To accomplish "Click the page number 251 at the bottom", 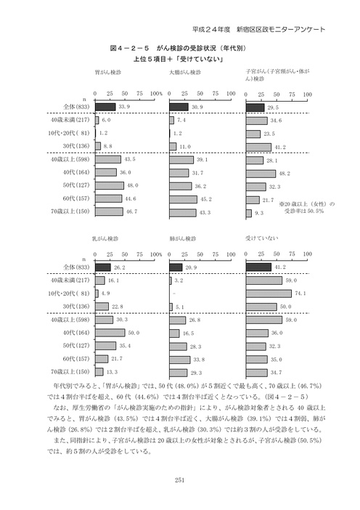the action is point(181,479).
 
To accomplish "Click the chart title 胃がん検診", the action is point(108,73).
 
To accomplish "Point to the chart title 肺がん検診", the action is point(181,238).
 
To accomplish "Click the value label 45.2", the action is point(207,199).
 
